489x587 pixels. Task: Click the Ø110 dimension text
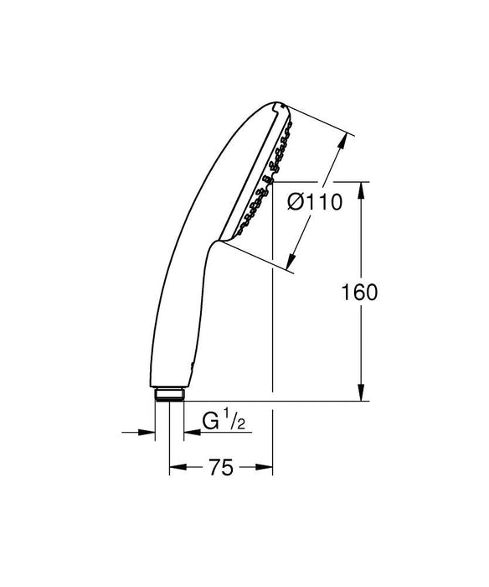tap(313, 202)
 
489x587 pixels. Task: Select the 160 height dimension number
tap(360, 291)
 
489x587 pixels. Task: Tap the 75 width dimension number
tap(220, 467)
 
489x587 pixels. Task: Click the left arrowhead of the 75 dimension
tap(175, 468)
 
